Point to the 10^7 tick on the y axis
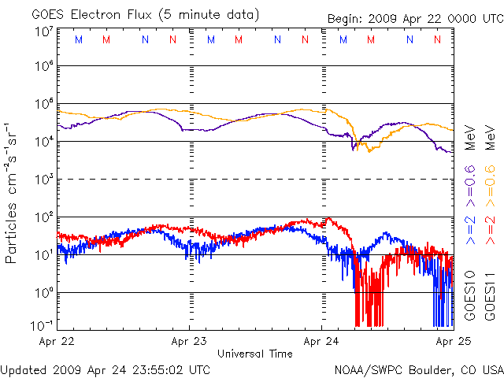(x=43, y=32)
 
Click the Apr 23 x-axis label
(x=190, y=342)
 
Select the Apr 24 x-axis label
(x=322, y=342)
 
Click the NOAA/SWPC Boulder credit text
(x=418, y=369)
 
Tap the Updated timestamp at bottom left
(x=106, y=369)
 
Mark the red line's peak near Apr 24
(x=328, y=218)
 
